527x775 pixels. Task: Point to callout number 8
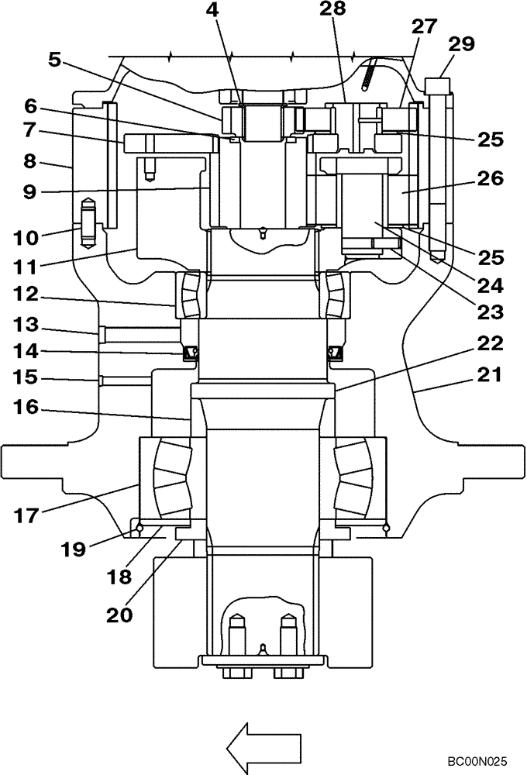[30, 162]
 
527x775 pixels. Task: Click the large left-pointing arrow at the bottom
[263, 746]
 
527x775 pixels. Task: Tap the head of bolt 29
[438, 82]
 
